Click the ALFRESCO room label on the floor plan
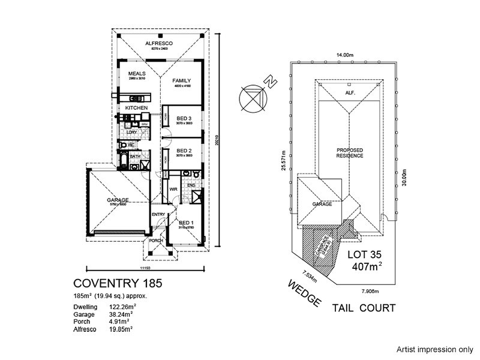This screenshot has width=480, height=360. tap(159, 44)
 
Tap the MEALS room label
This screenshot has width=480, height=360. tap(137, 74)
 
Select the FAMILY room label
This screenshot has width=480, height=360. tap(181, 81)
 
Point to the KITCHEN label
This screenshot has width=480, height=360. tap(136, 108)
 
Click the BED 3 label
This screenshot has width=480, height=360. tap(184, 118)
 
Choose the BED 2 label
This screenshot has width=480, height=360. tap(184, 151)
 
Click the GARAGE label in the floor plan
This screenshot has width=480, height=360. tap(118, 200)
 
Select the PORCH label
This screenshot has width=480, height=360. tap(157, 241)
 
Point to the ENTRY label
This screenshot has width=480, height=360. tap(158, 215)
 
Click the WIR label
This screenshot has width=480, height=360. tap(173, 190)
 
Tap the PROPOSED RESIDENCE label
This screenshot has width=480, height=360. tap(350, 152)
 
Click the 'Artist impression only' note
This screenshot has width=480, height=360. tap(434, 349)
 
